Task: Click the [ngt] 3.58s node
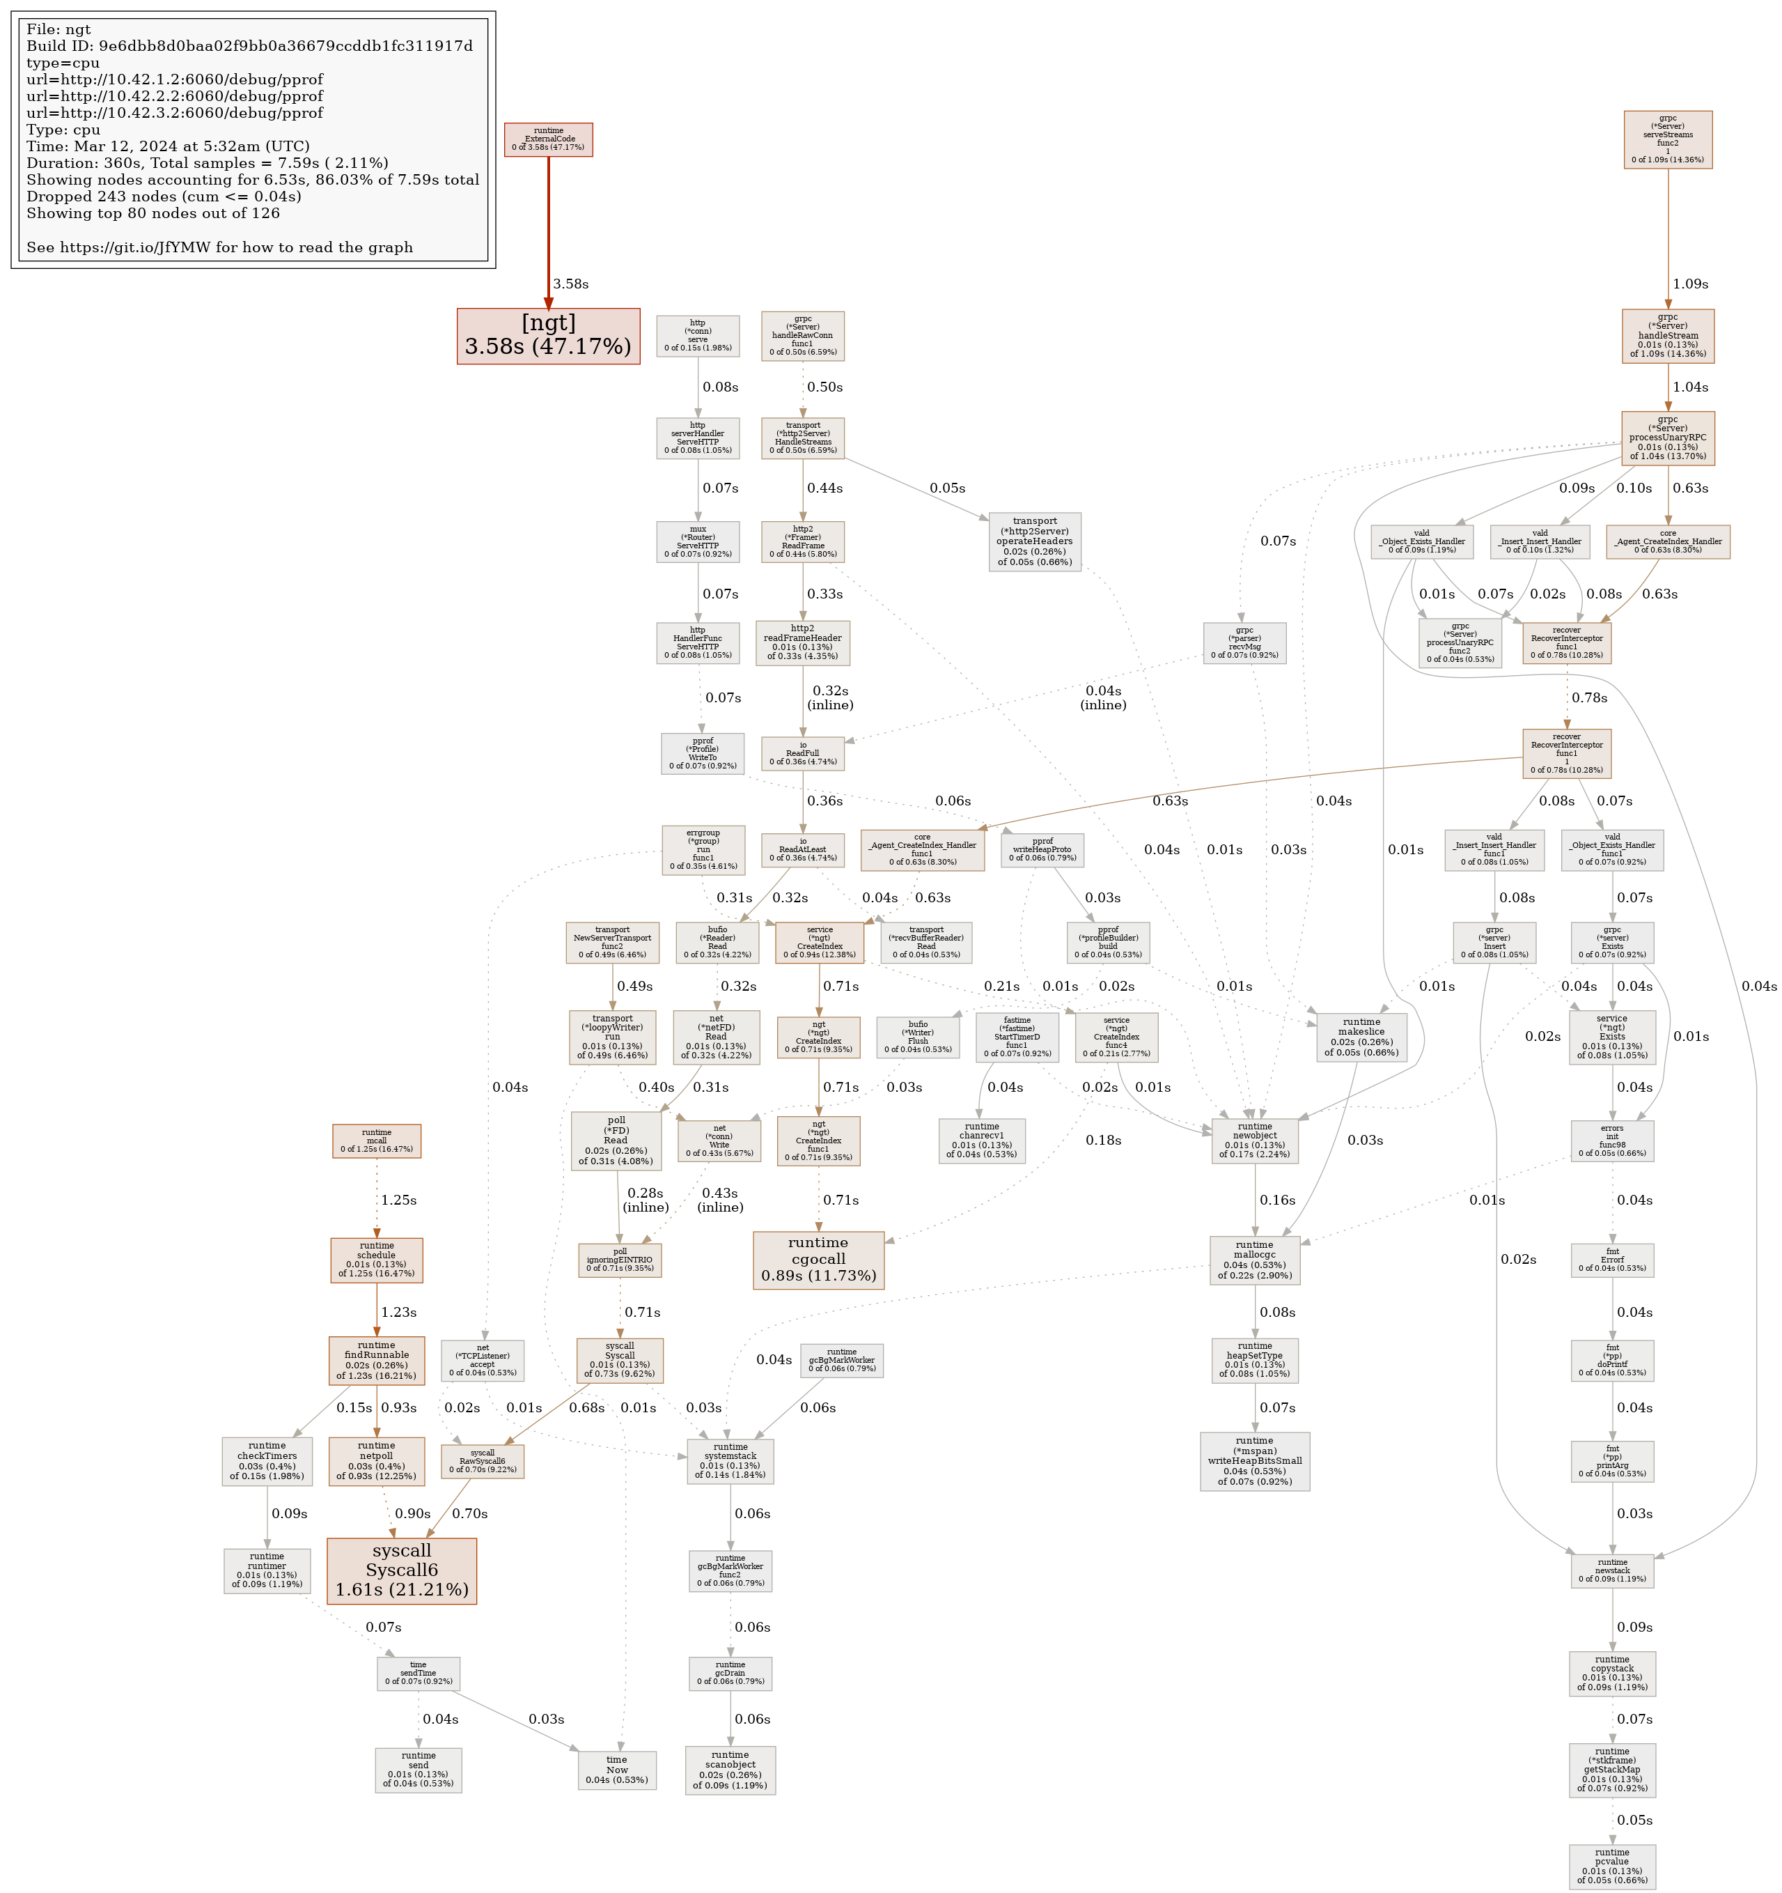547,335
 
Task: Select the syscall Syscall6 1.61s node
402,1570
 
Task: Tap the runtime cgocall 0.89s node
818,1259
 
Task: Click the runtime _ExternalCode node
548,139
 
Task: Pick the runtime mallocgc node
1255,1260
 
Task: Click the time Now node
617,1769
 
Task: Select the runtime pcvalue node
1611,1865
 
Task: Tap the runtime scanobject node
730,1769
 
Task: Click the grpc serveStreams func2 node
1668,139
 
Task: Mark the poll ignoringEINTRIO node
620,1259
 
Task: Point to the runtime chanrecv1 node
981,1140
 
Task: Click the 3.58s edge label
570,284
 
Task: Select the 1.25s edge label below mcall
399,1200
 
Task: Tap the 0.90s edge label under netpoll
413,1513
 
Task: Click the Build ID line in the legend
249,46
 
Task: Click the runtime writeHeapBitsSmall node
1255,1461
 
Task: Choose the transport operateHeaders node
1035,541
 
